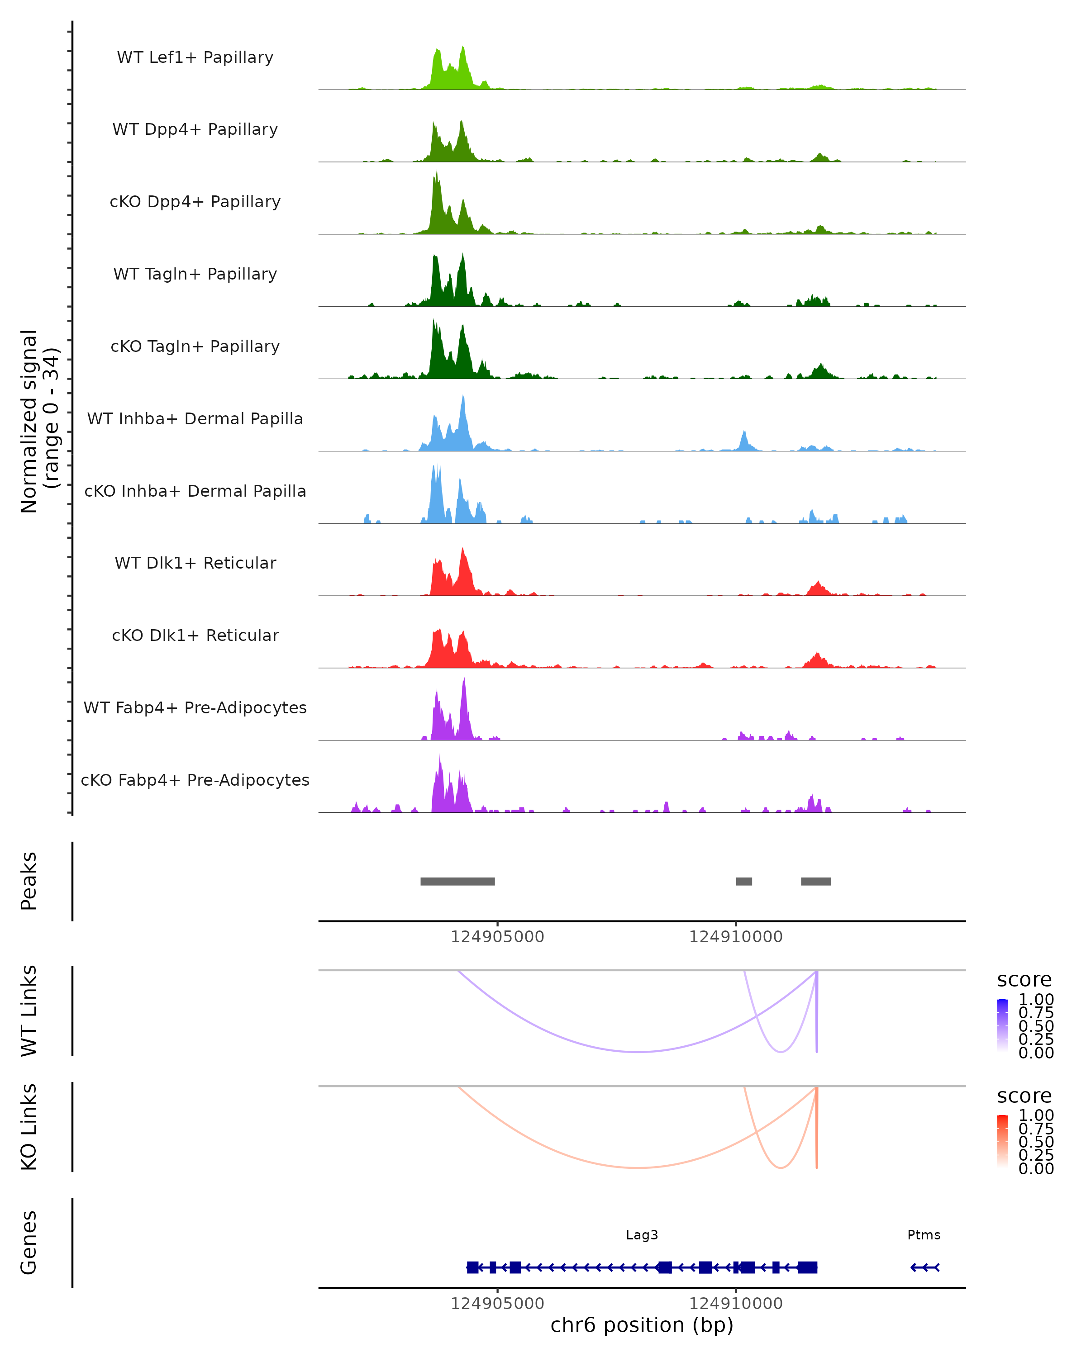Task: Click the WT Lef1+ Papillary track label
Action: point(195,57)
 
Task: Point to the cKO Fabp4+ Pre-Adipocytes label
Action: point(195,780)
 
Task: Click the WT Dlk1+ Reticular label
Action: point(195,563)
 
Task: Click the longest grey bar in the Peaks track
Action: point(457,881)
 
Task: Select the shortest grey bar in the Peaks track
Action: point(744,881)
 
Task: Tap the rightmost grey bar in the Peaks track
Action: point(816,881)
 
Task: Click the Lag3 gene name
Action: point(642,1235)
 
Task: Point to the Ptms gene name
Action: point(924,1235)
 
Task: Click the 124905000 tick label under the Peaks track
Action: point(497,937)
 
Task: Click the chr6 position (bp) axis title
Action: point(642,1325)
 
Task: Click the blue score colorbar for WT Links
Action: point(1002,1025)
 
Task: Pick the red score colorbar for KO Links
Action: point(1002,1141)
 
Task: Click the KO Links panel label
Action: point(29,1127)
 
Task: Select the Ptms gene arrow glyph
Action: point(925,1267)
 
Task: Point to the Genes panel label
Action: point(29,1243)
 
